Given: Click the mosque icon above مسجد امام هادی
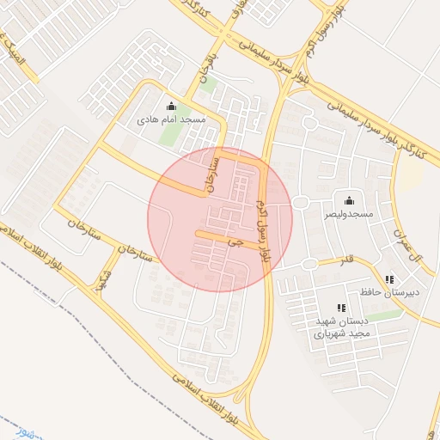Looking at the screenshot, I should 170,107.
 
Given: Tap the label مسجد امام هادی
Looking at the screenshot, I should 171,119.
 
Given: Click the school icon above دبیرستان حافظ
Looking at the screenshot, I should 389,279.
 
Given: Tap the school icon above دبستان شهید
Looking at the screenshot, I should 341,308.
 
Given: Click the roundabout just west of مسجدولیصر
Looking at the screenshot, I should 301,203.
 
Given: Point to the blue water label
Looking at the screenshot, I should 10,426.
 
